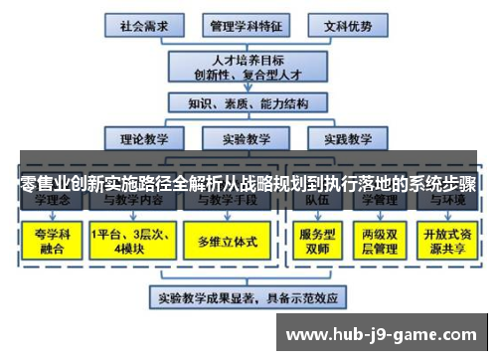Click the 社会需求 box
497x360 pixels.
click(x=142, y=23)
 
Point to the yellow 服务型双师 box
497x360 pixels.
click(x=316, y=242)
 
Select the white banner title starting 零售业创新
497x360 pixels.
click(x=248, y=185)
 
